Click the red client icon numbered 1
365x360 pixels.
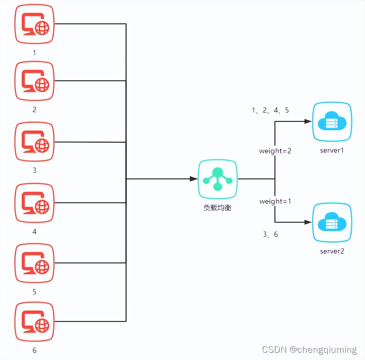34,24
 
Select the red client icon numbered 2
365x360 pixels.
34,81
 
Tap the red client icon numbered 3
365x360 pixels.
34,142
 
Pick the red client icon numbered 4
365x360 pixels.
34,203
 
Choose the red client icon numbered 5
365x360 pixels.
34,263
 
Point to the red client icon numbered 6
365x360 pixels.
34,322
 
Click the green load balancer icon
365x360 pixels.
218,179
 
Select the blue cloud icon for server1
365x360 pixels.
332,122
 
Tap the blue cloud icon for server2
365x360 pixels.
332,222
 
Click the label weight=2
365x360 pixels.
275,151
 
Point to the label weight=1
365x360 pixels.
275,201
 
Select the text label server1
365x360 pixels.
332,150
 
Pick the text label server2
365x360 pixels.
332,251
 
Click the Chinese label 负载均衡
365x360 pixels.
217,208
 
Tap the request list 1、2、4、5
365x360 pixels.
270,110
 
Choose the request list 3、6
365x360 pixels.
270,234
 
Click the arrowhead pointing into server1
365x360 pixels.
308,121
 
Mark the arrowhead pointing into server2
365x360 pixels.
308,222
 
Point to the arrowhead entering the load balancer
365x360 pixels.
194,179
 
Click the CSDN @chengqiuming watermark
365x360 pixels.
309,350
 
